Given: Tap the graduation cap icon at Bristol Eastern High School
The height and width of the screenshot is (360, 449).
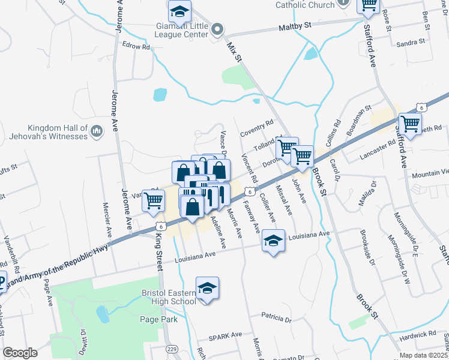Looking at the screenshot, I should [x=207, y=289].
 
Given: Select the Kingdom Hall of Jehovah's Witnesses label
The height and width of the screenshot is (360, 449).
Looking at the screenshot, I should [x=58, y=132].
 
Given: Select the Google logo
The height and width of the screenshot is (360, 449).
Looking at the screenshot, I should [x=19, y=353].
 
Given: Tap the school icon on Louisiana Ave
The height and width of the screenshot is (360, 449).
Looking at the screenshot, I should [x=273, y=241].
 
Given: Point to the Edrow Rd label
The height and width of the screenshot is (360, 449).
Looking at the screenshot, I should [x=135, y=46].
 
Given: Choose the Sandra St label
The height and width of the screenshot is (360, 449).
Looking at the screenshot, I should [x=411, y=42].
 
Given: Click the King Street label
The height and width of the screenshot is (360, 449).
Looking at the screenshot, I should [x=158, y=245].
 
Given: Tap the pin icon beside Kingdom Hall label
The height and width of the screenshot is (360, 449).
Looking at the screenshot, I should [x=96, y=131].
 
